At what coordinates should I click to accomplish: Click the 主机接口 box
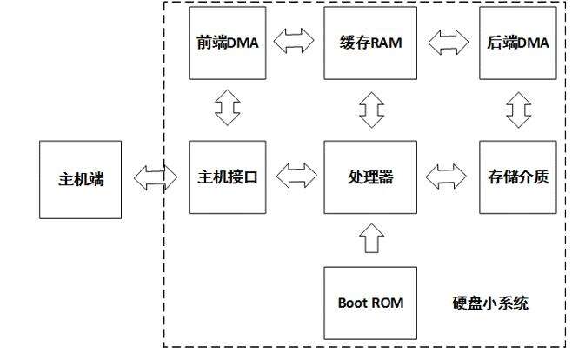coord(223,177)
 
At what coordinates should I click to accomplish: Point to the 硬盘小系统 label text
coord(490,303)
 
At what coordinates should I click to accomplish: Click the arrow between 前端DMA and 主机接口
coord(224,109)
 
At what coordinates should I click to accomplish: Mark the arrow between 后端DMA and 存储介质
coord(520,109)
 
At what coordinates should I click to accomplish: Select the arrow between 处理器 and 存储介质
coord(446,177)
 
